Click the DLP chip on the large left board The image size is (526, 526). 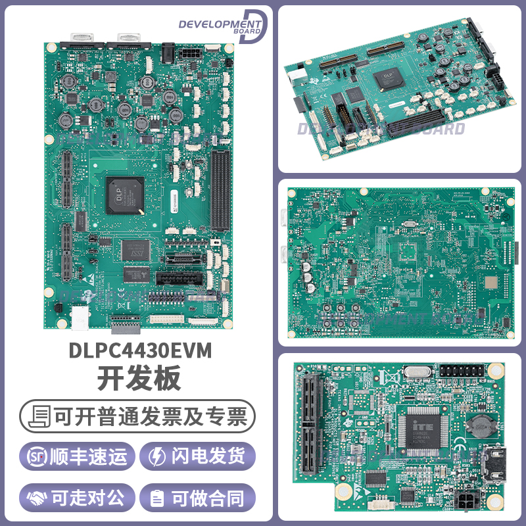tap(124, 195)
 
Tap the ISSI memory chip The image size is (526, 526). tap(135, 249)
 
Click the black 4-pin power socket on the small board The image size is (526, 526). tap(466, 502)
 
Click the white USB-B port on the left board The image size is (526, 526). tap(80, 316)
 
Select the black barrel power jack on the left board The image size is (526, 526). tap(169, 50)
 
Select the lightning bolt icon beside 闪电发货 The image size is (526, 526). tap(158, 456)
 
